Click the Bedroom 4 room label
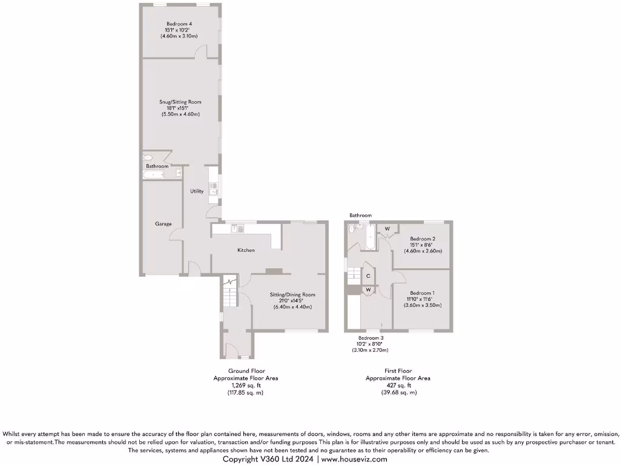(x=179, y=24)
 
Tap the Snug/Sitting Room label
(x=180, y=102)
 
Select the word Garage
(x=163, y=224)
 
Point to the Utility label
(x=197, y=191)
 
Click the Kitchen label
(x=245, y=250)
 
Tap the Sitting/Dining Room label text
(x=292, y=295)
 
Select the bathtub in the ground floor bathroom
(x=154, y=176)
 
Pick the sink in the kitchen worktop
(x=236, y=228)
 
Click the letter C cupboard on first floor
(x=368, y=276)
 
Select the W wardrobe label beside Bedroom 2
(x=386, y=228)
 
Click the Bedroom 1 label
(x=422, y=292)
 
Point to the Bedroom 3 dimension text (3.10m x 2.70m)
(x=370, y=350)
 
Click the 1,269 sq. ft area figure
(x=246, y=385)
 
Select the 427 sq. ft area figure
(x=398, y=385)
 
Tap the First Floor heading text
(x=398, y=371)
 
